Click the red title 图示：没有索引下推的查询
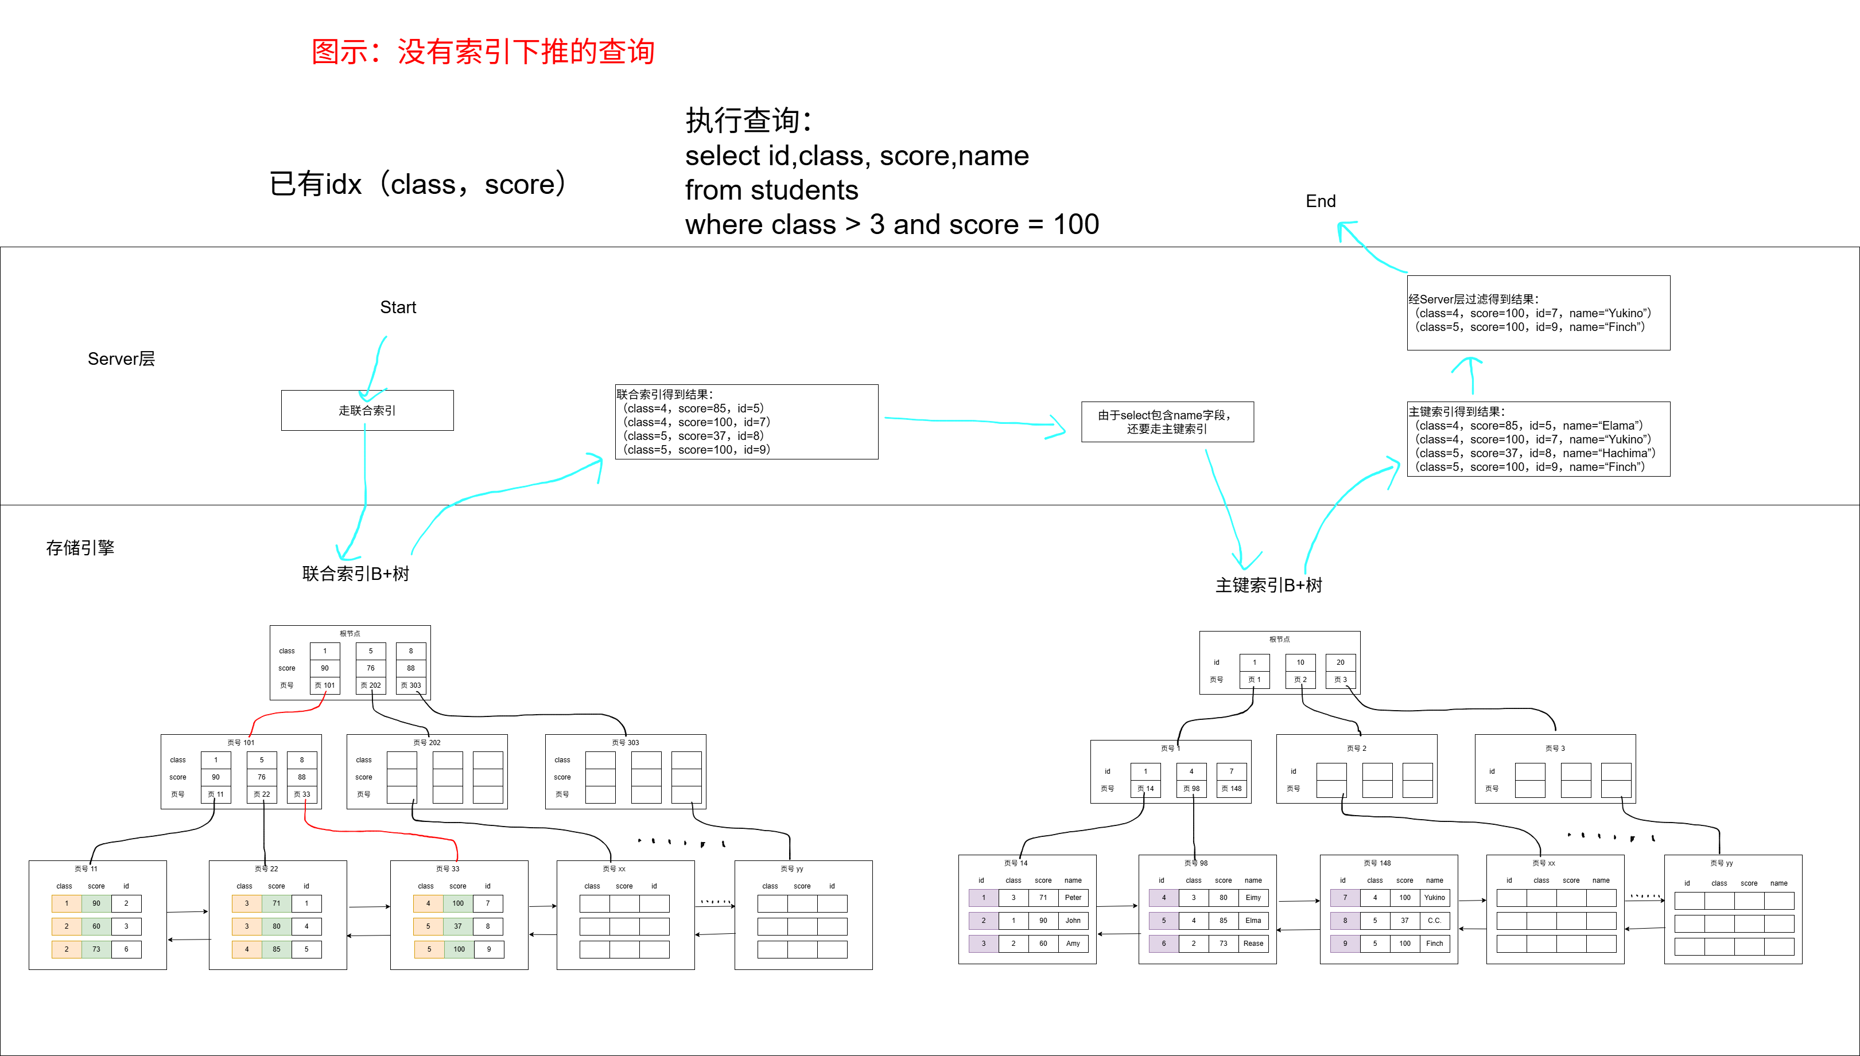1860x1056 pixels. pos(483,52)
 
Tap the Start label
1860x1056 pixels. pos(398,307)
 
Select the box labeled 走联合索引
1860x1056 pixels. pos(367,411)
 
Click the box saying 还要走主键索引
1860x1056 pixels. pos(1167,422)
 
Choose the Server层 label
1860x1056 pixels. pos(121,359)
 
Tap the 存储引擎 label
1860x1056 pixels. pos(80,548)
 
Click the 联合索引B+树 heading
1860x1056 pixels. pos(355,574)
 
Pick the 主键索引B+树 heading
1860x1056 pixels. pos(1269,585)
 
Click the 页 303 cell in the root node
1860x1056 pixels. pos(410,685)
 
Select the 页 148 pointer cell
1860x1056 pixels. pos(1231,788)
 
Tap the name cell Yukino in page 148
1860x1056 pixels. pos(1434,898)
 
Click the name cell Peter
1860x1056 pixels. pos(1073,898)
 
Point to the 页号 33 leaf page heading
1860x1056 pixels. pos(448,869)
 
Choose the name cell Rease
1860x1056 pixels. pos(1253,944)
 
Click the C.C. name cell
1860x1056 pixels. pos(1434,921)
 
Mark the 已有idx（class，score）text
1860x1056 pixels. pos(417,184)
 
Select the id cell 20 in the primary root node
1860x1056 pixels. pos(1340,662)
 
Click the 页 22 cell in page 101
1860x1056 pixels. pos(262,794)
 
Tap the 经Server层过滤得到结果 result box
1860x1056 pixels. pos(1538,313)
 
